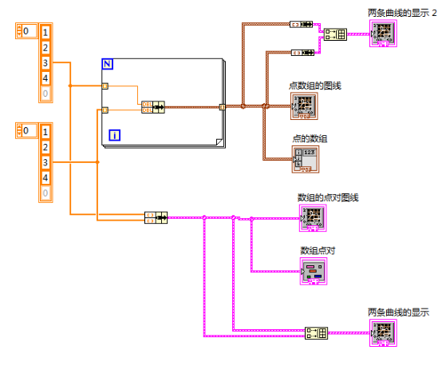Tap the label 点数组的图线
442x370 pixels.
point(315,86)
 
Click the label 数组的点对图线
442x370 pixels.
point(328,197)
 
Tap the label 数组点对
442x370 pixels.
point(317,250)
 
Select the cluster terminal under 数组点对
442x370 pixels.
point(313,273)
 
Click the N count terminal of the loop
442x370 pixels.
point(109,64)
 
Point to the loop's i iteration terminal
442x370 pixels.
point(115,135)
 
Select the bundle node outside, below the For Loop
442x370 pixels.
point(155,217)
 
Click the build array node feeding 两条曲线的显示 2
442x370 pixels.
point(334,35)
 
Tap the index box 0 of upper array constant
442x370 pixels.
point(26,31)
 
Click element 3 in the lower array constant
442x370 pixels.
point(45,162)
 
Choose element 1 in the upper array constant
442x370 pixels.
point(45,32)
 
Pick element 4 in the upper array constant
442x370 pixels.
point(45,78)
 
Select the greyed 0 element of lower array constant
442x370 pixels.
point(45,193)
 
